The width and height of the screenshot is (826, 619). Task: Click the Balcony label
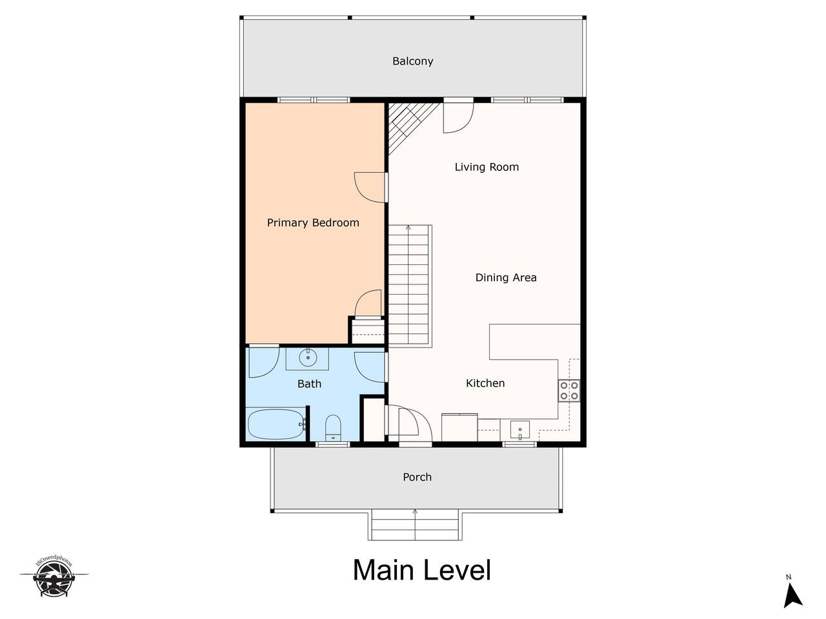[412, 61]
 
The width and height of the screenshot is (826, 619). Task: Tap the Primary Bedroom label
[313, 222]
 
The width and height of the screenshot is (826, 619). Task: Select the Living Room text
[487, 167]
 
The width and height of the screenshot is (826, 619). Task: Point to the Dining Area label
[506, 277]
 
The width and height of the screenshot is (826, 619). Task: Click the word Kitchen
[485, 383]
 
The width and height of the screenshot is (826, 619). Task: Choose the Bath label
[309, 384]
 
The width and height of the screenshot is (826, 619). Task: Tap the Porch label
[417, 477]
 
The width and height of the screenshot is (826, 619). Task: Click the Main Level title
[422, 570]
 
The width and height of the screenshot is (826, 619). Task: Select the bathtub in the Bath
[277, 424]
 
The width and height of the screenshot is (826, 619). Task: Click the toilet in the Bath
[332, 428]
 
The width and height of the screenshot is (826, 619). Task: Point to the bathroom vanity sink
[307, 359]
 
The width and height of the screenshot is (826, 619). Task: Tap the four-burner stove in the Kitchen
[569, 391]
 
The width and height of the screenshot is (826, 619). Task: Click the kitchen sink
[519, 430]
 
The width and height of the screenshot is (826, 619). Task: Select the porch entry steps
[415, 525]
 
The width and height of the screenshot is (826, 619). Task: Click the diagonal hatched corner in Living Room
[408, 123]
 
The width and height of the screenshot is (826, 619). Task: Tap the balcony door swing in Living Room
[458, 117]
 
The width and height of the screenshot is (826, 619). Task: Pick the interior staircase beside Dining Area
[410, 286]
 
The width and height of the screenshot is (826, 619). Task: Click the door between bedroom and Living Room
[370, 187]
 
